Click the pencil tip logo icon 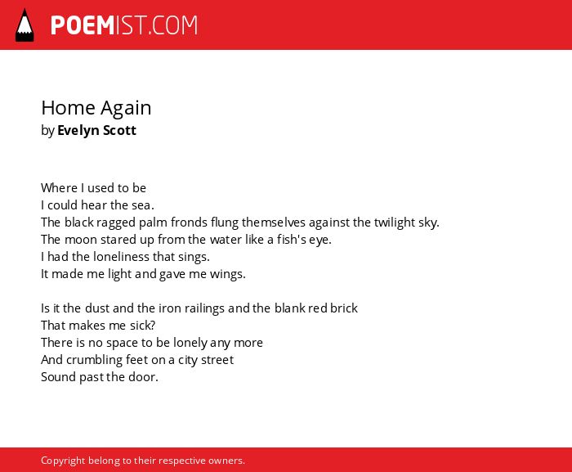coord(25,25)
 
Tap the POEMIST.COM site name coord(124,25)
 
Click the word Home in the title coord(68,108)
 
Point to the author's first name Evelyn coord(78,131)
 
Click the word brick coord(344,308)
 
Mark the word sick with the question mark coord(143,326)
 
